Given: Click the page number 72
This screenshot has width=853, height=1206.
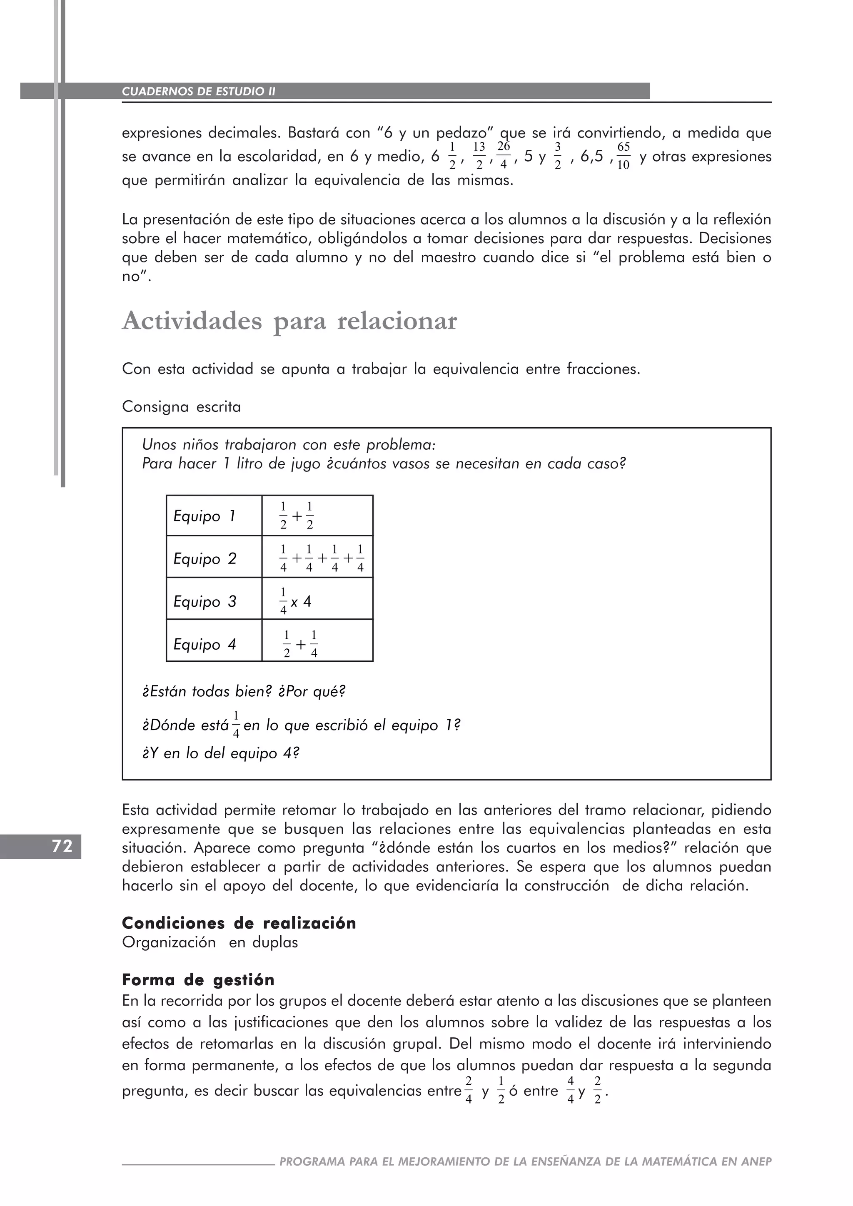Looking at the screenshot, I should pyautogui.click(x=62, y=846).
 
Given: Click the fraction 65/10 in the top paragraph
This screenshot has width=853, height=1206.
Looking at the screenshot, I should pyautogui.click(x=623, y=156).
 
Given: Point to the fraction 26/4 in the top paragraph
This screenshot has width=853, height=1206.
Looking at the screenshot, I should pyautogui.click(x=503, y=155).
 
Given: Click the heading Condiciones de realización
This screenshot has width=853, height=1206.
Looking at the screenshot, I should pyautogui.click(x=239, y=923).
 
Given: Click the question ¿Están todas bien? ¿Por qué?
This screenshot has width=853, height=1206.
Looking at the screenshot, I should pyautogui.click(x=244, y=691).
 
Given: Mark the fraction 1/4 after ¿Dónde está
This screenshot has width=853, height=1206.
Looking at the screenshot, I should pyautogui.click(x=236, y=724).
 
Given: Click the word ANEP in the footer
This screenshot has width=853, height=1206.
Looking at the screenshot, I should pyautogui.click(x=756, y=1161).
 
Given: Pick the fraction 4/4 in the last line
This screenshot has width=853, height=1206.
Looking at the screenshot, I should pyautogui.click(x=571, y=1091).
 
